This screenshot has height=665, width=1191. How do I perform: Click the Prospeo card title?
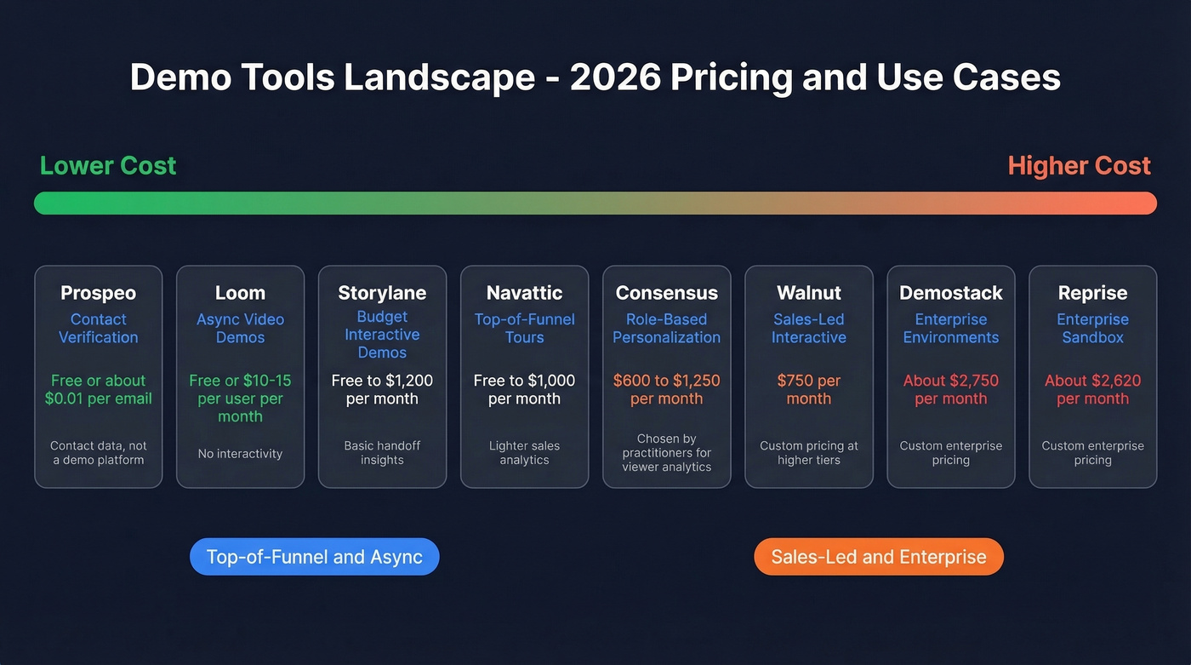click(x=98, y=293)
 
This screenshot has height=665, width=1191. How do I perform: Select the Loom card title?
click(x=240, y=293)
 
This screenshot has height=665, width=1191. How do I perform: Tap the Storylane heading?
click(x=382, y=293)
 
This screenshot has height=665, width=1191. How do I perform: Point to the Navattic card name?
click(x=524, y=293)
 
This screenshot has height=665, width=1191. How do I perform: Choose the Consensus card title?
click(x=666, y=293)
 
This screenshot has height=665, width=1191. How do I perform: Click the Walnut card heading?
click(x=808, y=293)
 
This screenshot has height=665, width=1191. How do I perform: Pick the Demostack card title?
click(x=950, y=293)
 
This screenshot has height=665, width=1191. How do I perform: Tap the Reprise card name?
click(x=1092, y=293)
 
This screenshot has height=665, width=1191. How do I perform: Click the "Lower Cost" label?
click(x=108, y=165)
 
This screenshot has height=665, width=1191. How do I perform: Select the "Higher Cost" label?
click(x=1079, y=165)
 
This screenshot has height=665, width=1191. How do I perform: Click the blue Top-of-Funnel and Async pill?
click(x=314, y=557)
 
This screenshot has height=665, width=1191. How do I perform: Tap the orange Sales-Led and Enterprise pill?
click(x=878, y=557)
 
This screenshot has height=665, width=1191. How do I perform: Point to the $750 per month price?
click(x=808, y=389)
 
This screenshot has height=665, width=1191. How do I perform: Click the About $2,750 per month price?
click(x=950, y=389)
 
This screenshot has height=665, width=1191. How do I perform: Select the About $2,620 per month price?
click(x=1092, y=389)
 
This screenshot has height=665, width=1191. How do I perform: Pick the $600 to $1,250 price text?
click(x=666, y=389)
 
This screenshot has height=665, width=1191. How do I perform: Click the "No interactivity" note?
click(x=240, y=454)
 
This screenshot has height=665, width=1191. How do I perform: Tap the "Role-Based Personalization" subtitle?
click(x=666, y=329)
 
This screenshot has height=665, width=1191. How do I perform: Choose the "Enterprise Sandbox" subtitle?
click(x=1092, y=329)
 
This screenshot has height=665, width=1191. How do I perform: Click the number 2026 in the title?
click(x=615, y=77)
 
